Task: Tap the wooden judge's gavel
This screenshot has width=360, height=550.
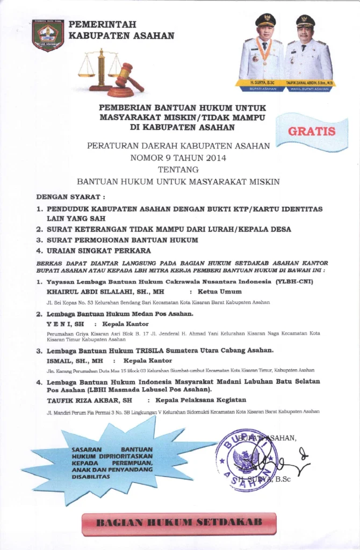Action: [128, 77]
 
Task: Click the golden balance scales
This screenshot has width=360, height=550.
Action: [100, 69]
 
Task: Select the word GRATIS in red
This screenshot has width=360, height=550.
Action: [312, 131]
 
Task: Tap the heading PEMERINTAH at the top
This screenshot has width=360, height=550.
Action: [103, 25]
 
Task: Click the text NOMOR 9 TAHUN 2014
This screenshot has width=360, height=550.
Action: [178, 158]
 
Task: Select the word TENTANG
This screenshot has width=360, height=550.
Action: [178, 170]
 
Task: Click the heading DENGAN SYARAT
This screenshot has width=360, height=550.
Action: [70, 197]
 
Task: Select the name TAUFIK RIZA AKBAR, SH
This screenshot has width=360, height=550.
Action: [89, 400]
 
